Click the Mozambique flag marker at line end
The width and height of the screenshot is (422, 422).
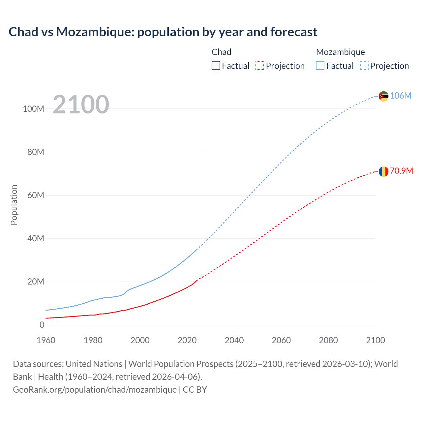[x=383, y=96]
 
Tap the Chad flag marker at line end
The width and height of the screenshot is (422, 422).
[x=383, y=171]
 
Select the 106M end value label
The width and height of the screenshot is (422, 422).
[x=401, y=96]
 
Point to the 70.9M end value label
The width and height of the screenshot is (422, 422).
[x=401, y=171]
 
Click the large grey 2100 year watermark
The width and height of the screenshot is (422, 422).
[x=81, y=105]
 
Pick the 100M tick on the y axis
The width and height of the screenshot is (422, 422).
[x=33, y=109]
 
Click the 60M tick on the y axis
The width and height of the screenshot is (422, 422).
[x=36, y=195]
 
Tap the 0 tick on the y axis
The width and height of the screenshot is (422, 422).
[x=42, y=325]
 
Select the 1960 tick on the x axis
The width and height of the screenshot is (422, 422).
[x=46, y=340]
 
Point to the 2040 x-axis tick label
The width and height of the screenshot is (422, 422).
[x=234, y=340]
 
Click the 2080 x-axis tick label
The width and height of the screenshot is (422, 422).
[x=328, y=340]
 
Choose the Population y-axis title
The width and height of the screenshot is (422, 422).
[x=14, y=205]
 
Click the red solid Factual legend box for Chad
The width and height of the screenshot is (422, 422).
[x=216, y=66]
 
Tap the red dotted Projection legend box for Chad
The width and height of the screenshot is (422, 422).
[x=260, y=66]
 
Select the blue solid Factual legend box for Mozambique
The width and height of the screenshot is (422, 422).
[x=320, y=66]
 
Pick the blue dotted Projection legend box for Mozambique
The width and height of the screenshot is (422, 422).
[x=364, y=66]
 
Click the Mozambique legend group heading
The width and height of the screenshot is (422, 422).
[x=340, y=52]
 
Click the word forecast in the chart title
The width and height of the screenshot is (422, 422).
[x=294, y=32]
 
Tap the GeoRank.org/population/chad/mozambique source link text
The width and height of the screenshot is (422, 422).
[x=95, y=390]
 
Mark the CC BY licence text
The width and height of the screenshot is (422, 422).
[x=195, y=390]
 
